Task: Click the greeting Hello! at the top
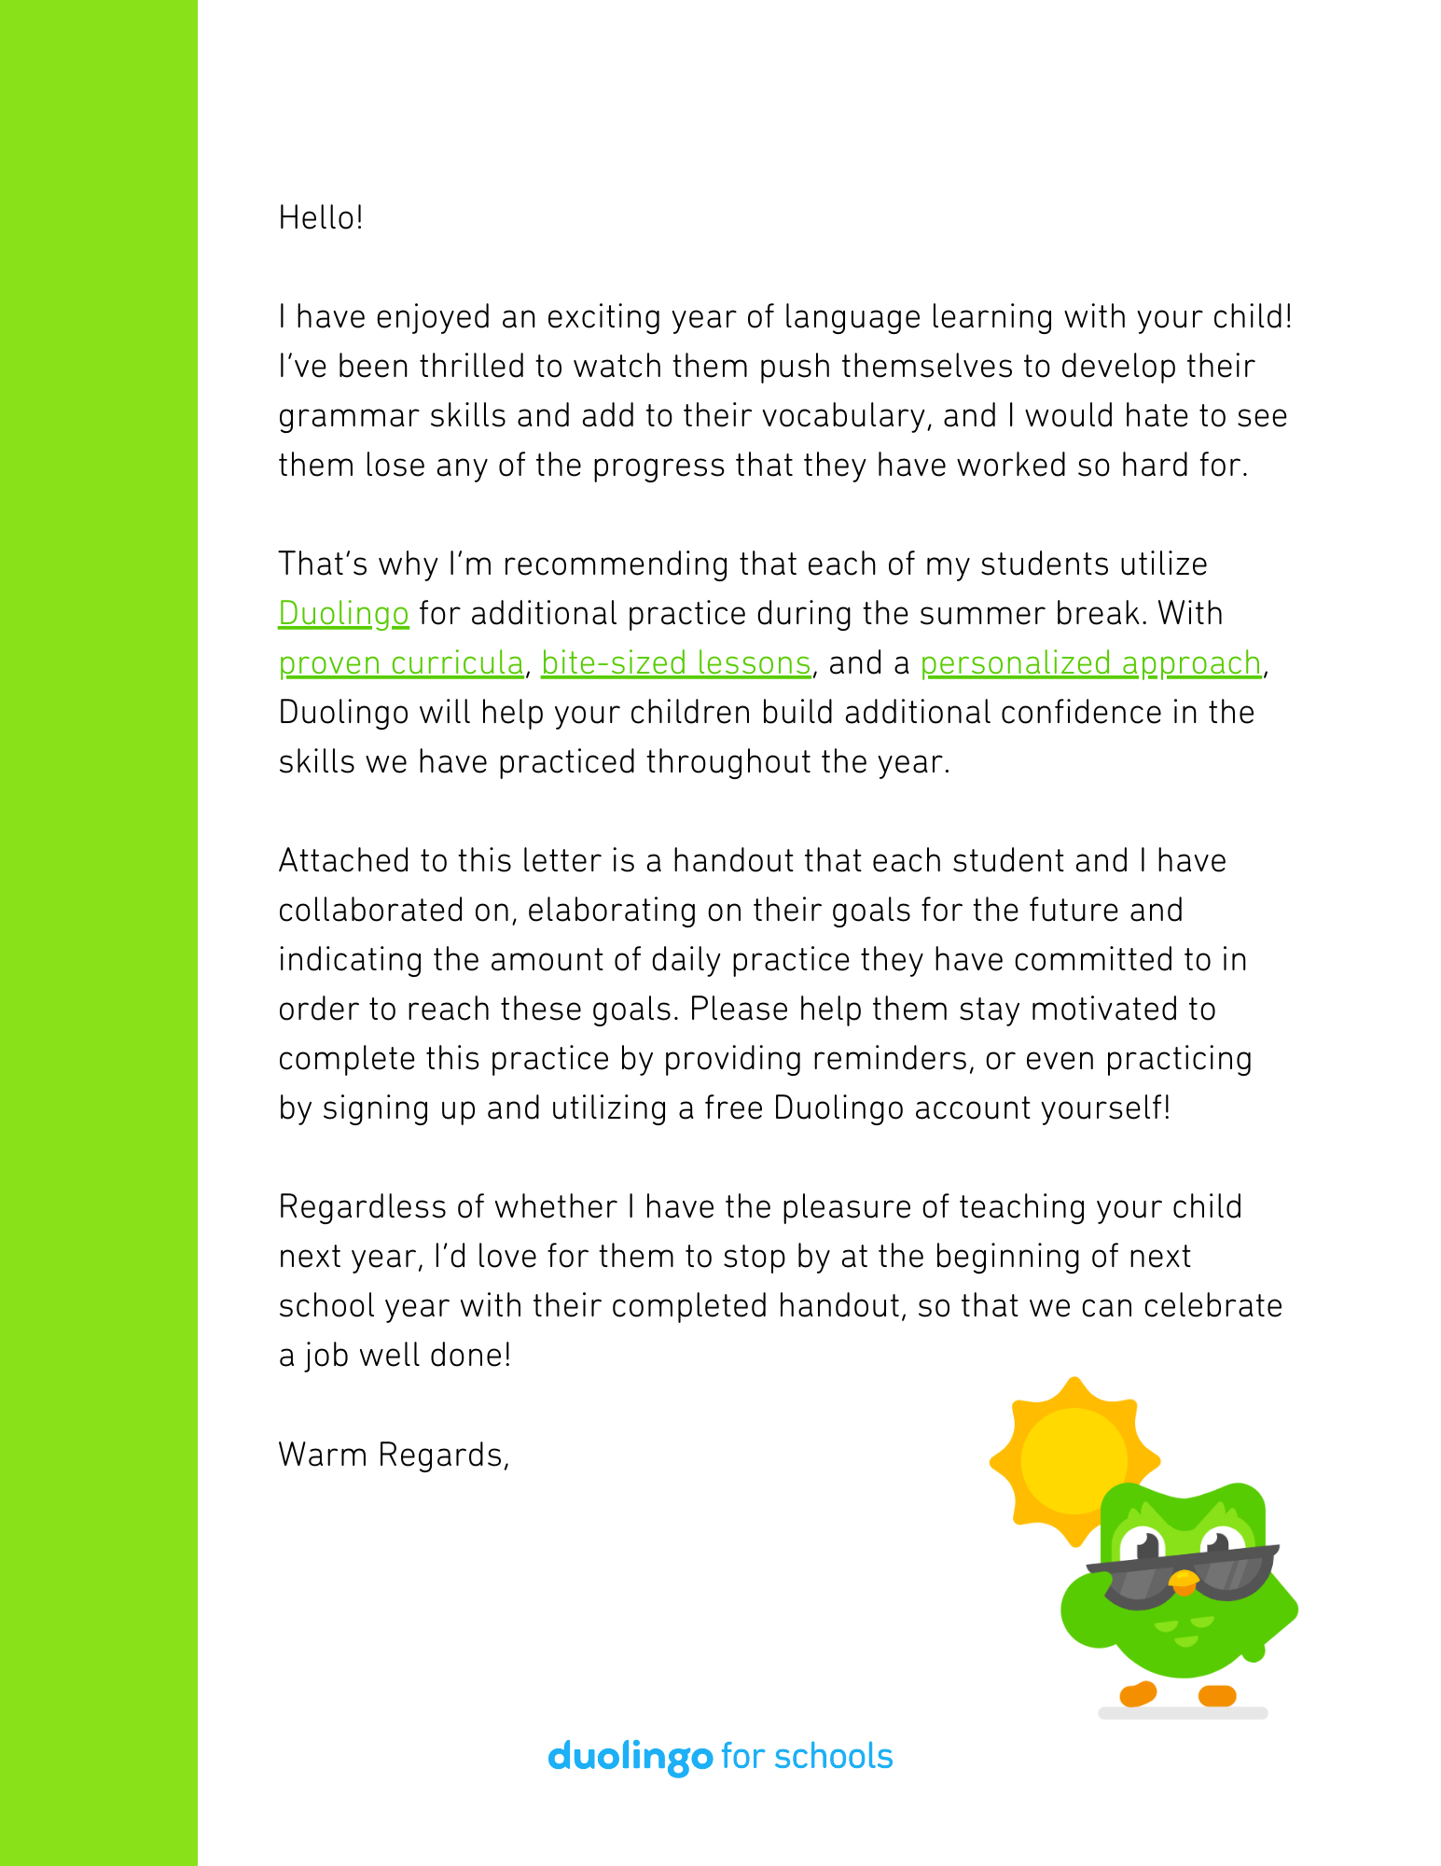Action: click(321, 218)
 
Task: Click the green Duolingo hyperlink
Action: click(343, 614)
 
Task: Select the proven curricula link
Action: click(401, 663)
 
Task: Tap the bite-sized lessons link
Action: click(676, 663)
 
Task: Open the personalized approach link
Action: click(1090, 663)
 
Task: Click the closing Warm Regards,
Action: click(394, 1455)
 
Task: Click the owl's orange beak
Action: click(1184, 1580)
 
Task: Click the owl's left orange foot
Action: click(1138, 1693)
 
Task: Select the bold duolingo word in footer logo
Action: click(630, 1757)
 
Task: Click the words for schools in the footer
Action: click(808, 1757)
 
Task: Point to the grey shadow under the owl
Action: click(1183, 1713)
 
